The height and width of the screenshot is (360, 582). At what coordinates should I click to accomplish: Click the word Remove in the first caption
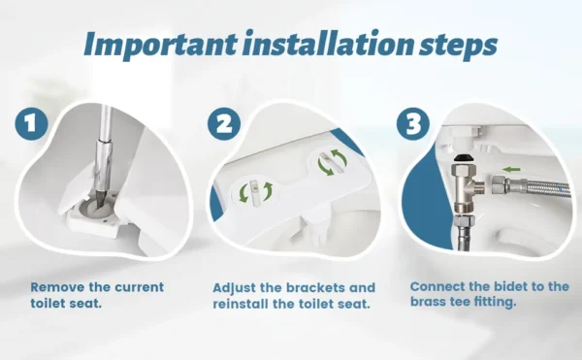click(x=54, y=287)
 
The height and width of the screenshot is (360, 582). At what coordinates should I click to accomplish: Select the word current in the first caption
click(x=137, y=287)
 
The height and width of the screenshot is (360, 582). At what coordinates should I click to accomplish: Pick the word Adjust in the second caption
click(x=235, y=288)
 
